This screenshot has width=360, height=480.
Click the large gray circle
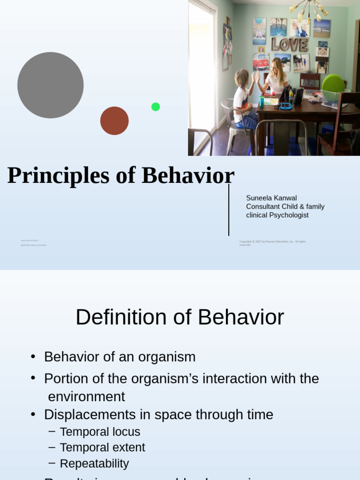(x=51, y=85)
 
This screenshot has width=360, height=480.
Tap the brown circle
(x=114, y=121)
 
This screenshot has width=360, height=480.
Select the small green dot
(x=156, y=107)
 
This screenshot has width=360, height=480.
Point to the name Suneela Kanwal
(x=271, y=198)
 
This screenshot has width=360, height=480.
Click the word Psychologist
(x=286, y=215)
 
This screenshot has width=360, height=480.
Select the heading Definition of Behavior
(x=180, y=317)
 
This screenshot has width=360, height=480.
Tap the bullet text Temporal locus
(x=100, y=432)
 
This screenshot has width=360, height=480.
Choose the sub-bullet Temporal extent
(x=102, y=448)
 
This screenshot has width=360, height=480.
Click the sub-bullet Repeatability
(x=94, y=464)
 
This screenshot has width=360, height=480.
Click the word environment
(x=87, y=397)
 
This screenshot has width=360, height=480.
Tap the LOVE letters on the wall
(x=289, y=45)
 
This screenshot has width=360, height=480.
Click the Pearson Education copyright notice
(x=272, y=243)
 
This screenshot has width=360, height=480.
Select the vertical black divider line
(x=229, y=210)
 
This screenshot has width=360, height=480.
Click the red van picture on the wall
(x=261, y=62)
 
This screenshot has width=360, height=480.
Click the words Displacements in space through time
(x=158, y=415)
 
